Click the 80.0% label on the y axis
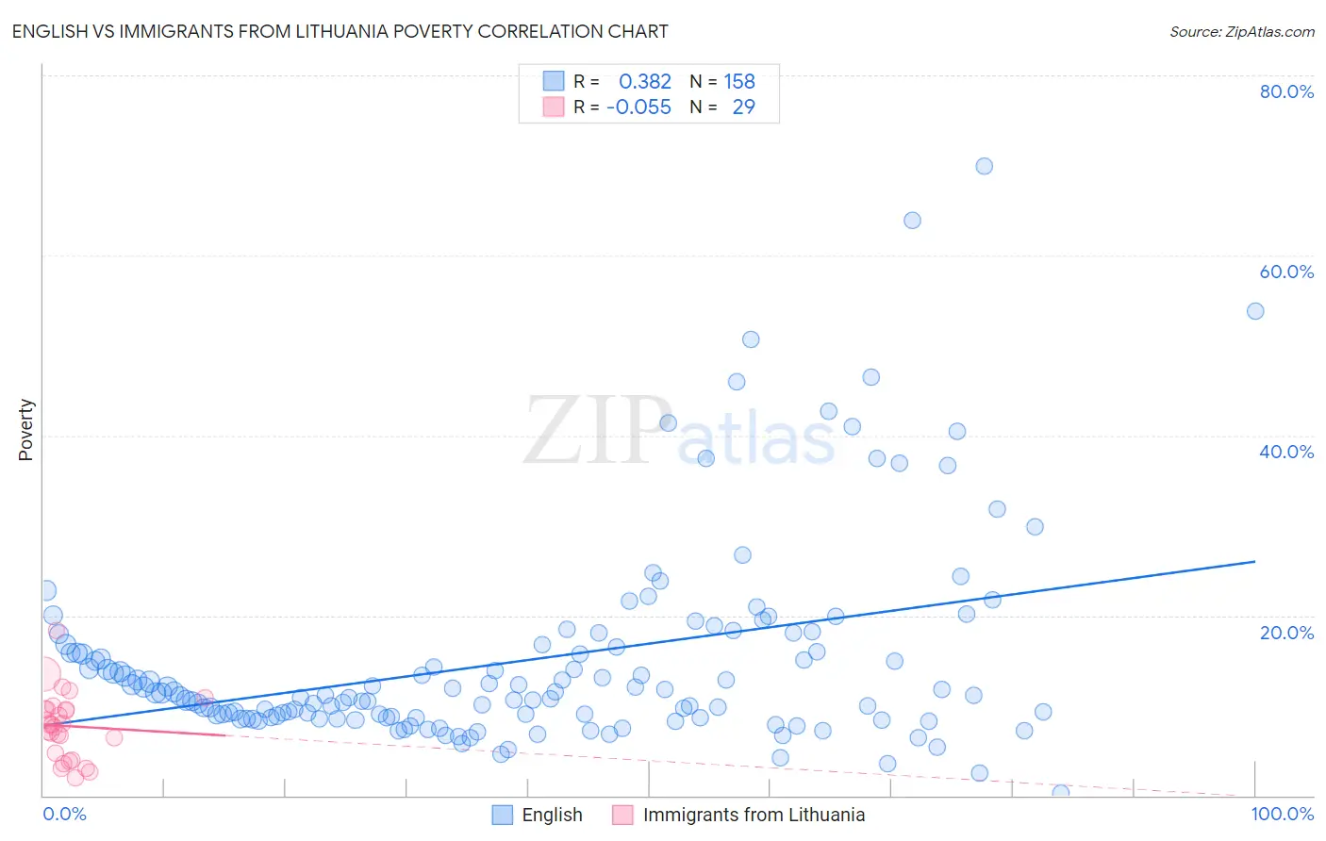pos(1286,91)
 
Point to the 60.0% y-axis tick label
pos(1286,272)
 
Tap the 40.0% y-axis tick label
pos(1286,452)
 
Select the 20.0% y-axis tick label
pos(1286,633)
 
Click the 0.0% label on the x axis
pos(64,814)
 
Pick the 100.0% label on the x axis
pos(1282,814)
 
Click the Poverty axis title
pos(25,430)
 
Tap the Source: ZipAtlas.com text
pos(1241,31)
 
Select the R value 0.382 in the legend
pos(645,81)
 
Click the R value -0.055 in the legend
pos(638,107)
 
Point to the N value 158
pos(739,81)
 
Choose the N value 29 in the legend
pos(743,107)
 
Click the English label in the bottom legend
pos(552,815)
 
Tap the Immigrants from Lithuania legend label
pos(754,815)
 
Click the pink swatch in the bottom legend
pos(622,815)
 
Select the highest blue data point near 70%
pos(984,166)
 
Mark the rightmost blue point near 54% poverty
pos(1255,311)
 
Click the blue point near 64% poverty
pos(912,221)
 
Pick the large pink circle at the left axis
pos(43,674)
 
